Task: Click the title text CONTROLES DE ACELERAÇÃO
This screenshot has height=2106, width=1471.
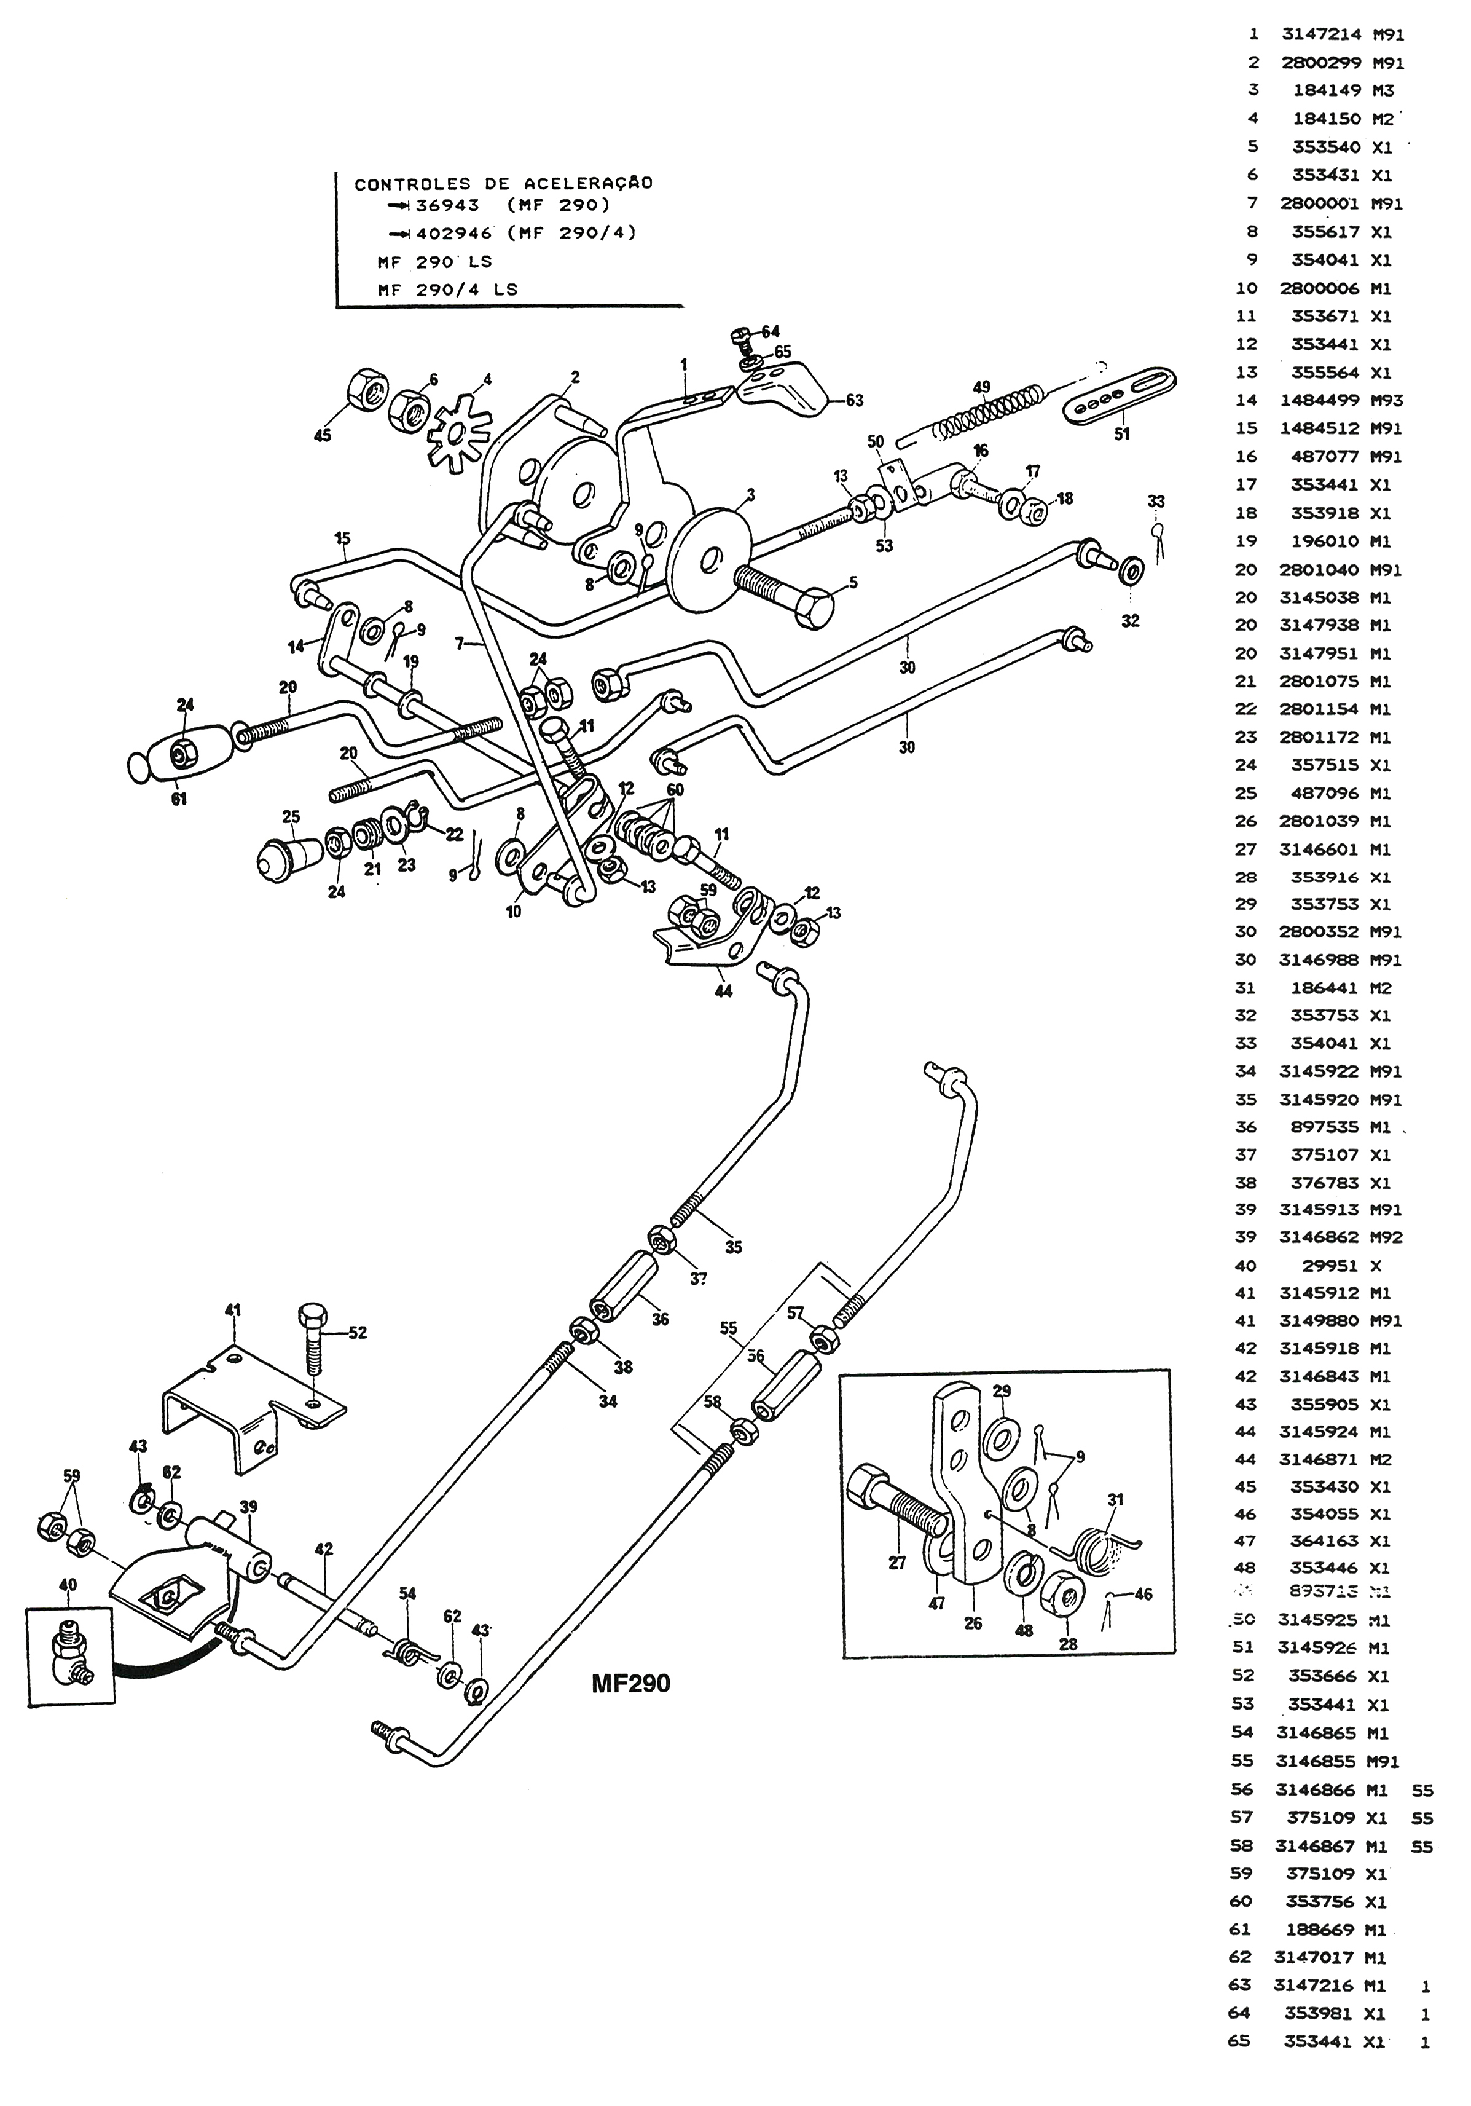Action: coord(503,183)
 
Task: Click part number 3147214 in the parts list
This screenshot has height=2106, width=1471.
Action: coord(1320,35)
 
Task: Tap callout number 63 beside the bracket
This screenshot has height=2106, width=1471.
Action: coord(854,400)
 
